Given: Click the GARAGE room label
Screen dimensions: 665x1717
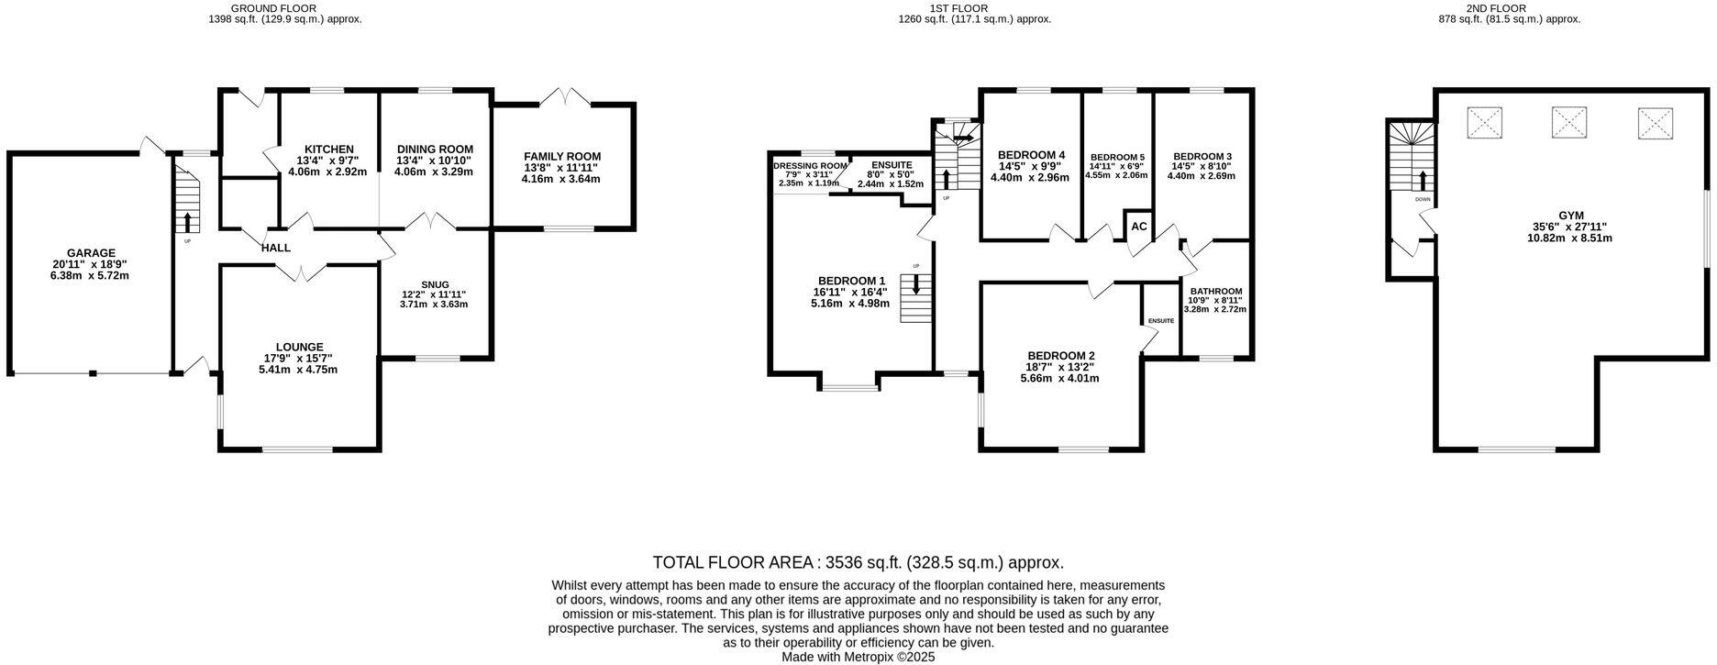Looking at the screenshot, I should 90,252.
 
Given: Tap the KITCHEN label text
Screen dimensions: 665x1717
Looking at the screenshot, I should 328,150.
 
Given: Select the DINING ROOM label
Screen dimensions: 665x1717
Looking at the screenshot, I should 435,150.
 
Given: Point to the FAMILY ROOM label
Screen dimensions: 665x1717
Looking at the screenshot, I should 561,157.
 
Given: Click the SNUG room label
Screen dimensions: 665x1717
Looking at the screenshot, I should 434,284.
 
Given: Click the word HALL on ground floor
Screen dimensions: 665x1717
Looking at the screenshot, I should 275,248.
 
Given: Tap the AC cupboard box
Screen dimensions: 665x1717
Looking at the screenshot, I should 1138,226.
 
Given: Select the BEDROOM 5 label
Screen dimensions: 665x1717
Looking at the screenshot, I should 1116,157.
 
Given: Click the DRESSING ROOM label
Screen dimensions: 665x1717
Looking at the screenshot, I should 809,165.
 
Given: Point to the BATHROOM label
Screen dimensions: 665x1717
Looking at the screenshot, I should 1215,291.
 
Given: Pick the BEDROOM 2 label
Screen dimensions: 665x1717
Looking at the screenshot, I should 1060,356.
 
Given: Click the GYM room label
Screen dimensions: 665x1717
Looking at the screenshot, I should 1569,216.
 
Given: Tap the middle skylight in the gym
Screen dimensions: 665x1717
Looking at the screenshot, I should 1569,122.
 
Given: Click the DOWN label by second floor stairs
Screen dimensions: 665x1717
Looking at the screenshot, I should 1422,199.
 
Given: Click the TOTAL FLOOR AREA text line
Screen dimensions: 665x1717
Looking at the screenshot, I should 858,562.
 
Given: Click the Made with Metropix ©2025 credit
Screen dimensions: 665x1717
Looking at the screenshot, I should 858,657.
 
